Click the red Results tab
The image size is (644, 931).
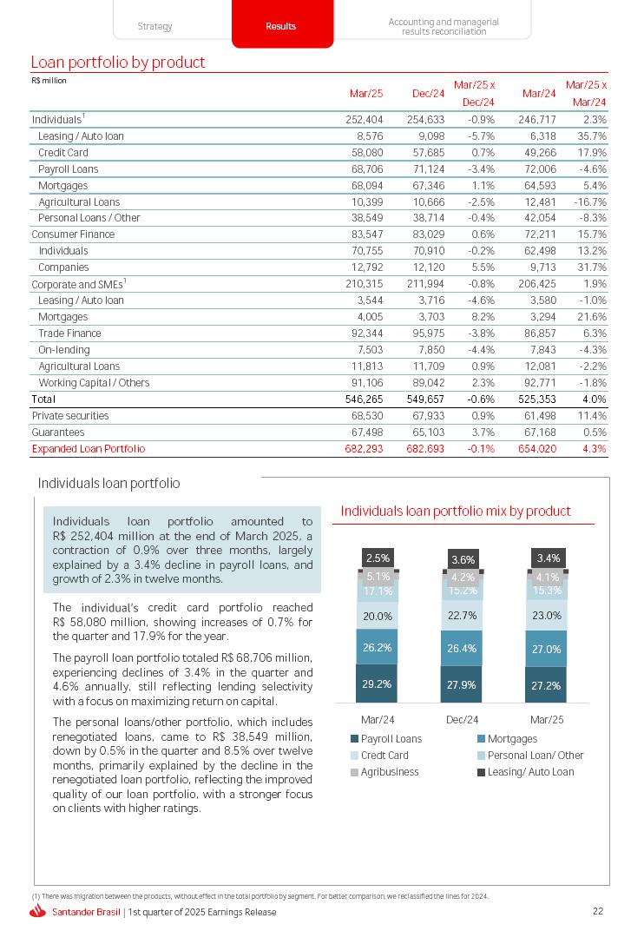[x=280, y=26]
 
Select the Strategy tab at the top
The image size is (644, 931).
[x=154, y=26]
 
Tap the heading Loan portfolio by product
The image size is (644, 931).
[x=118, y=63]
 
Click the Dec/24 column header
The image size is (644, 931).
[x=428, y=94]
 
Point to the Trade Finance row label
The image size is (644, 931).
[x=69, y=333]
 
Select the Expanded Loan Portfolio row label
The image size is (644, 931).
[x=88, y=449]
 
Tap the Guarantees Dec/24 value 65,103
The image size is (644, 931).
[x=427, y=432]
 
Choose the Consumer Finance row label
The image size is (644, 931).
[x=73, y=234]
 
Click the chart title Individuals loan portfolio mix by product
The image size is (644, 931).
[x=456, y=511]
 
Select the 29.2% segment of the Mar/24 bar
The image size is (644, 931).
[x=378, y=683]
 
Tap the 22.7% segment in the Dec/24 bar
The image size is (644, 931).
[x=462, y=617]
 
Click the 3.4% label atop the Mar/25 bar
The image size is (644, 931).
[x=548, y=558]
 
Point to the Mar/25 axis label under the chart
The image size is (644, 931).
[x=547, y=719]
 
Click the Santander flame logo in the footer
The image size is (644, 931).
[x=37, y=912]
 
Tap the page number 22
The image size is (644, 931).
[x=597, y=911]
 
